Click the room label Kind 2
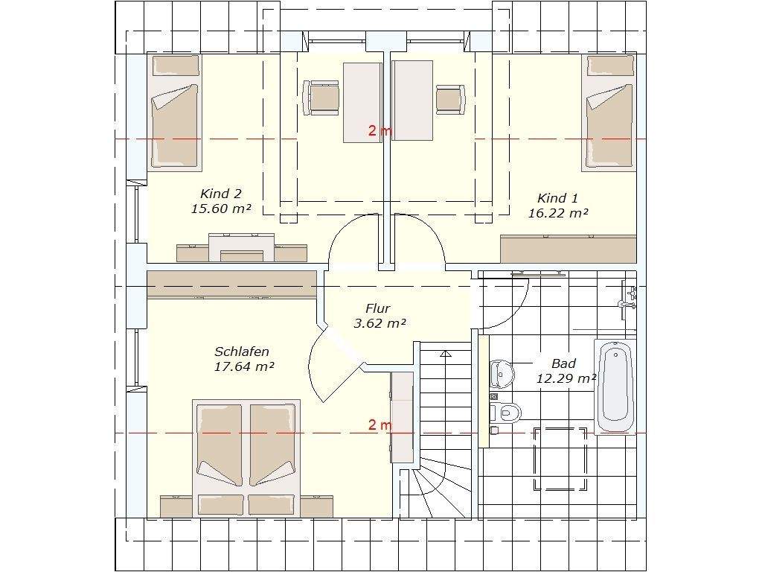point(220,194)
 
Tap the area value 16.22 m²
point(558,213)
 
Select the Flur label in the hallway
point(377,308)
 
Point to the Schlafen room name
point(242,352)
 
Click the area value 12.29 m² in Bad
point(566,378)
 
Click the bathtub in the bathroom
point(615,387)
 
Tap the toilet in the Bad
point(505,413)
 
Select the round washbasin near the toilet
point(502,374)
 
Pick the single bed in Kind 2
point(174,113)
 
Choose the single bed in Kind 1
point(609,113)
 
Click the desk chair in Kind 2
point(321,98)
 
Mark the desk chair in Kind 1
point(450,99)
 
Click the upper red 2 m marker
point(380,130)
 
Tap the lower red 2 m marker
point(380,425)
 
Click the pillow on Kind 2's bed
point(176,66)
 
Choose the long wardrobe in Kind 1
point(568,249)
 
